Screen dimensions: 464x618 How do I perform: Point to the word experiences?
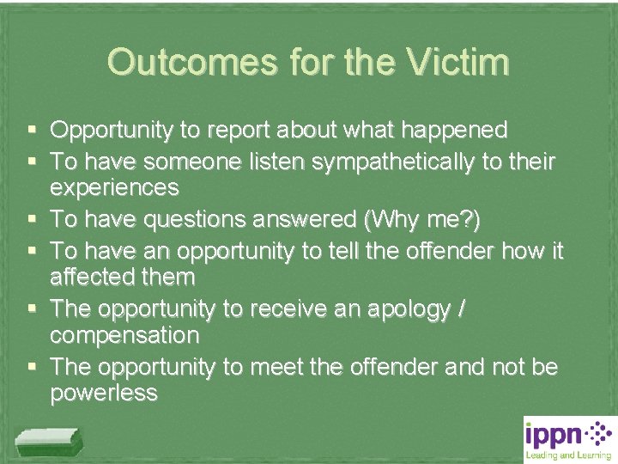click(x=114, y=187)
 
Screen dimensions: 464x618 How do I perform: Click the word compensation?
click(x=124, y=335)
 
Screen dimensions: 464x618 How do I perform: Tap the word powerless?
click(x=104, y=394)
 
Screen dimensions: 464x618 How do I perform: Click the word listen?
click(x=260, y=159)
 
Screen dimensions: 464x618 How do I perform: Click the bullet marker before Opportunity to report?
click(x=32, y=131)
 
